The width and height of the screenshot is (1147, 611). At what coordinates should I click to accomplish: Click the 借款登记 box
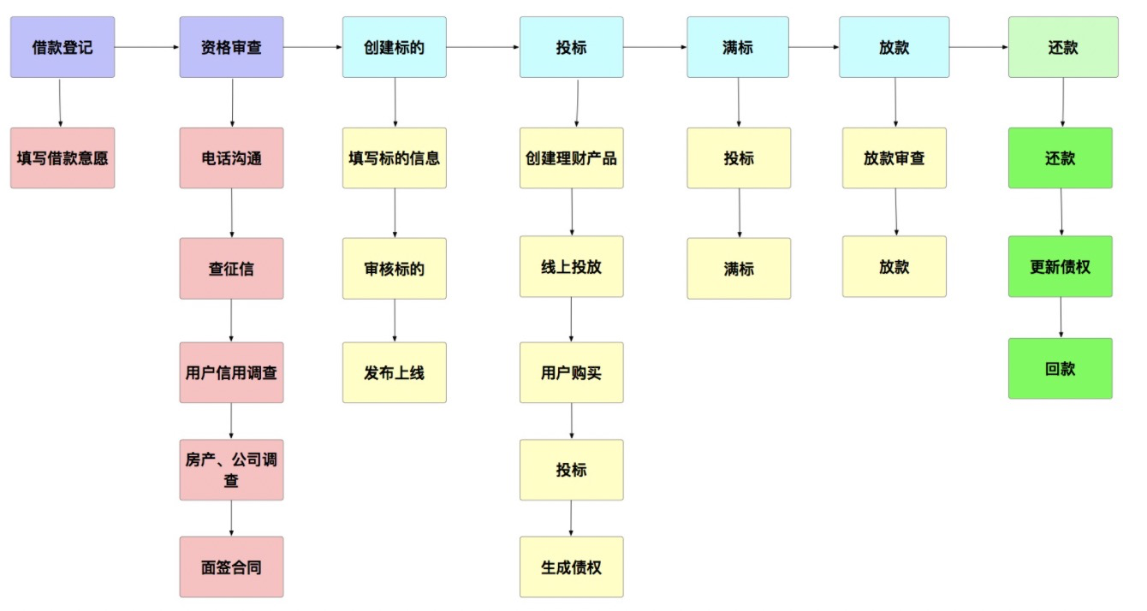(62, 47)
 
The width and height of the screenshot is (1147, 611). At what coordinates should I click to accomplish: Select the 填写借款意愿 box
(62, 157)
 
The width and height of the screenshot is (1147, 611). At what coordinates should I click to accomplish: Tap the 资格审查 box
(231, 47)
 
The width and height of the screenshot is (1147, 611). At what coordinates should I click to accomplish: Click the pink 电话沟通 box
(231, 157)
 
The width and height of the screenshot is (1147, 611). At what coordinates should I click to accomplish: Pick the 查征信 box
(231, 268)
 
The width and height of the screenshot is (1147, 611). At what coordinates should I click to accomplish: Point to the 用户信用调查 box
(231, 372)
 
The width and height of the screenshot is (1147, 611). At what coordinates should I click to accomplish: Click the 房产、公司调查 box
(231, 470)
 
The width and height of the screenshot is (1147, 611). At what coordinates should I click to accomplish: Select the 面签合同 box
(231, 567)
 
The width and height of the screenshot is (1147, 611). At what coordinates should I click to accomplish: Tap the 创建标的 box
(395, 47)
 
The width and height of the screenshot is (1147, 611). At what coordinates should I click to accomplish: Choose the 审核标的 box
(395, 268)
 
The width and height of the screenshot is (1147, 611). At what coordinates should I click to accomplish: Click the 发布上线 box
(395, 372)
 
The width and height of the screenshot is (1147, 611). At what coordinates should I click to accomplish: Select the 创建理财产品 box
(571, 157)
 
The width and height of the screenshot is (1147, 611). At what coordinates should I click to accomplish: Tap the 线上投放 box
(571, 266)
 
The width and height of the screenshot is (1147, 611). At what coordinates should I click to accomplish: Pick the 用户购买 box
(571, 372)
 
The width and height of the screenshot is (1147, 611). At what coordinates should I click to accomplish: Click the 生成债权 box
(571, 567)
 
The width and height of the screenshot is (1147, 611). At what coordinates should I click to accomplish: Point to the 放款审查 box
(894, 157)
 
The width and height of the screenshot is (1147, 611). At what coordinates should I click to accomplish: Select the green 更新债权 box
(1061, 266)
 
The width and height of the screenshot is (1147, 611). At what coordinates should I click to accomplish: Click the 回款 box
(1061, 368)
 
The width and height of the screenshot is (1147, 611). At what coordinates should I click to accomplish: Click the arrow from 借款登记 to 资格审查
(146, 48)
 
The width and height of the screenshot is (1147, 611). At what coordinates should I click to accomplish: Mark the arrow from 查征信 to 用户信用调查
(231, 320)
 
